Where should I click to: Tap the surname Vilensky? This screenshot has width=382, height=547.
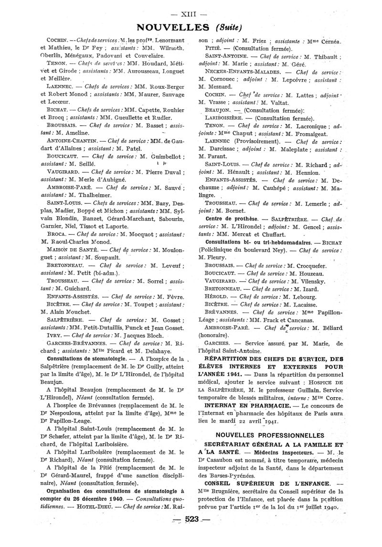click(x=309, y=281)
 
